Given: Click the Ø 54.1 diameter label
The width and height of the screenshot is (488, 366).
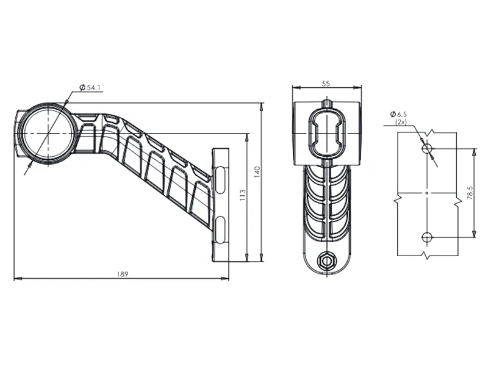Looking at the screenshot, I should pyautogui.click(x=90, y=88).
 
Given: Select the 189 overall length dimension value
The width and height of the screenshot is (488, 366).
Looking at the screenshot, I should pyautogui.click(x=123, y=274).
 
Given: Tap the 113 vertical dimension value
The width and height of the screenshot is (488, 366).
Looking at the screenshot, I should pyautogui.click(x=242, y=195).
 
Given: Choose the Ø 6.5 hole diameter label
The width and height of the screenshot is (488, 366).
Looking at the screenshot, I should pyautogui.click(x=400, y=114).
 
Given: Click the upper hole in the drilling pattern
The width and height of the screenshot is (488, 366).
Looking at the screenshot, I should pyautogui.click(x=427, y=148).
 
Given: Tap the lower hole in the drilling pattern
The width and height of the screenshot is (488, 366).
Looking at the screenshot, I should pyautogui.click(x=427, y=236).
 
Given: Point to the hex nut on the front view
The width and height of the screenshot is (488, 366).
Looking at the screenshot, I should pyautogui.click(x=327, y=261).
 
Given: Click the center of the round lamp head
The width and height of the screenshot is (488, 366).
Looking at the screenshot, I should pyautogui.click(x=46, y=132).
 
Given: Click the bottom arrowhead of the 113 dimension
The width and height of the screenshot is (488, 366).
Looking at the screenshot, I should pyautogui.click(x=246, y=259).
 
